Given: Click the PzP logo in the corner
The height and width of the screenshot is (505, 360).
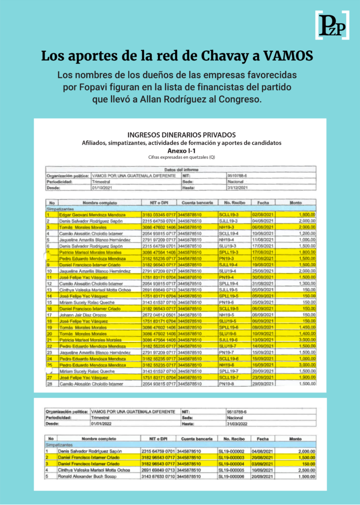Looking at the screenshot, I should pyautogui.click(x=332, y=25).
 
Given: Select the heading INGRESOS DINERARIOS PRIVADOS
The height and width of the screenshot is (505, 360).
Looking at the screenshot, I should pyautogui.click(x=181, y=135).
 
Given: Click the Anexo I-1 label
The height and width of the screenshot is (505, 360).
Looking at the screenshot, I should pyautogui.click(x=181, y=150).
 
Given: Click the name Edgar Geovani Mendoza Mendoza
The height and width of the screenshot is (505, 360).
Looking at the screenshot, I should pyautogui.click(x=92, y=215).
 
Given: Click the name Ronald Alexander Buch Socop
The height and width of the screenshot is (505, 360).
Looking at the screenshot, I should pyautogui.click(x=88, y=476).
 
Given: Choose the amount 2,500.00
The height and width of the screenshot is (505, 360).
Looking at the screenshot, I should pyautogui.click(x=306, y=470).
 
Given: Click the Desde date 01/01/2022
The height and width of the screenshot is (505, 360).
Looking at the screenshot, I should pyautogui.click(x=103, y=423).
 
